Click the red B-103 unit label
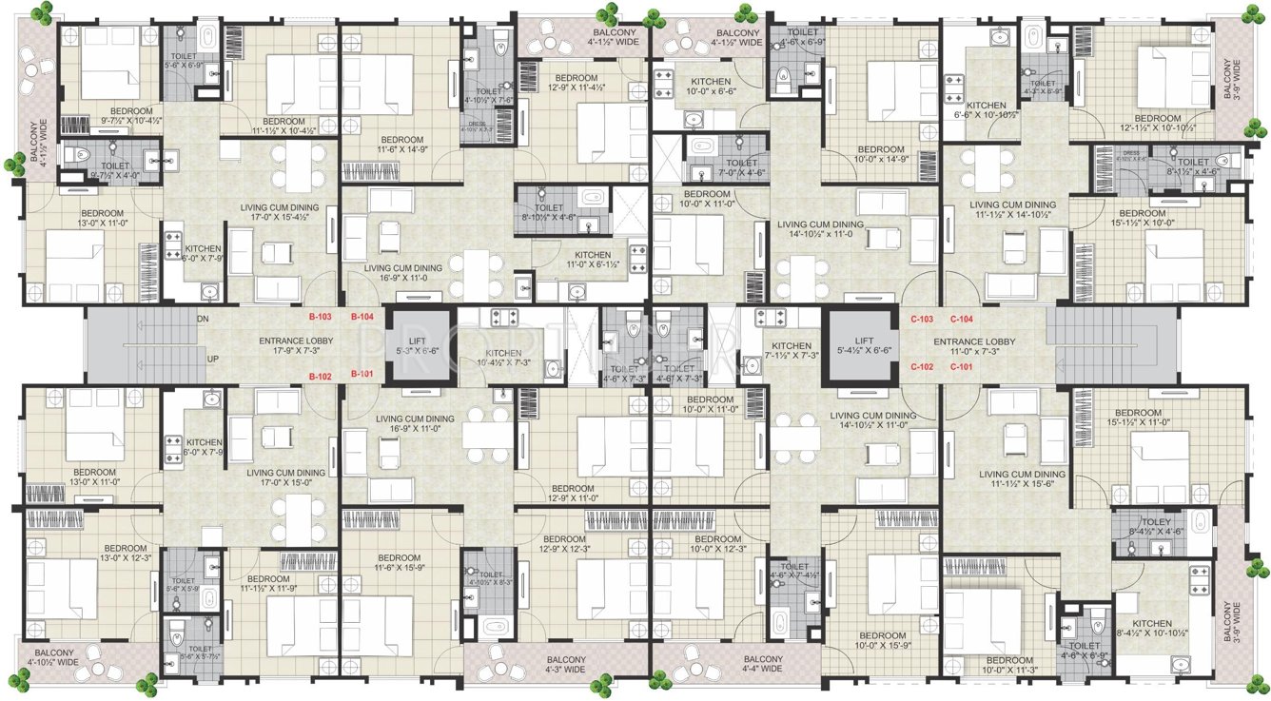[x=322, y=317]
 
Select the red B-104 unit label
[x=363, y=317]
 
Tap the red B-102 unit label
[x=322, y=376]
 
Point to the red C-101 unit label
[x=962, y=366]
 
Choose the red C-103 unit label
[x=922, y=320]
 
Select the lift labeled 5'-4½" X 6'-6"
[x=862, y=345]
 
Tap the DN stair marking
[x=203, y=320]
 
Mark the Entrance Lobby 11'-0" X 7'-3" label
[x=974, y=346]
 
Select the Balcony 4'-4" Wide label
[x=762, y=664]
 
